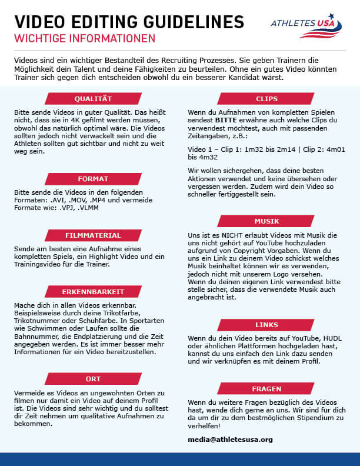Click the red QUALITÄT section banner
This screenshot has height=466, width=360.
pos(93,98)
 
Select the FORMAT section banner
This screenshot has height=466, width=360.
pos(93,178)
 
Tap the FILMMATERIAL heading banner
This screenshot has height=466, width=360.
pos(93,235)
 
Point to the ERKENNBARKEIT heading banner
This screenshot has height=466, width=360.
pos(93,291)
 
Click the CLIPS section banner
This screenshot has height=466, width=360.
pos(266,99)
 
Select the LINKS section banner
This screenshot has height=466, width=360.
pos(266,324)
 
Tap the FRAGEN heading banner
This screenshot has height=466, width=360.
pos(266,389)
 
